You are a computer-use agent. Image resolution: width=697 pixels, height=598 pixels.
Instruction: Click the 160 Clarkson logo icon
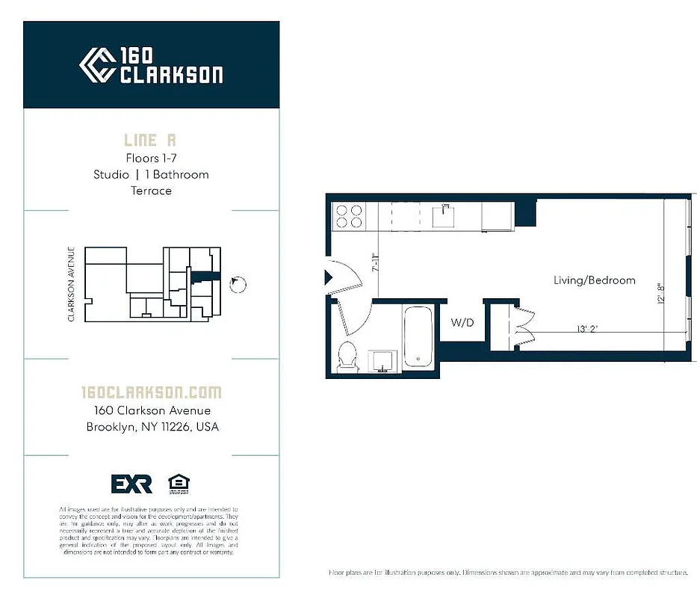(x=96, y=65)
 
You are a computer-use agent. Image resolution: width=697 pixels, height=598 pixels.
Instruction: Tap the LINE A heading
(x=151, y=140)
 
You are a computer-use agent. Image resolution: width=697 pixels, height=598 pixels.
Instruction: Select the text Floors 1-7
(x=151, y=158)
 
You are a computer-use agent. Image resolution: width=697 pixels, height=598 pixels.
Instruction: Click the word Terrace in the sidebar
(x=151, y=191)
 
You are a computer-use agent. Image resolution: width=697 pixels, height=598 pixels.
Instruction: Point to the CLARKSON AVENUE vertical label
(x=72, y=284)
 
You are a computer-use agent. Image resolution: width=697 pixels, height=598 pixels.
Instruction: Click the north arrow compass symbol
(x=238, y=283)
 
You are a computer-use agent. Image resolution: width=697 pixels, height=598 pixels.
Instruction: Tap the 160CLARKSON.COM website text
(x=151, y=392)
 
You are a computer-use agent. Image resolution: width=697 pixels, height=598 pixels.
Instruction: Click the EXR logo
(x=131, y=484)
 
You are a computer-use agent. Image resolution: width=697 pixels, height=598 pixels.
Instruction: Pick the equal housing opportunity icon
(x=178, y=483)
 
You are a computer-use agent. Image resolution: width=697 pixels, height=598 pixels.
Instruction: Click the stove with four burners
(x=348, y=216)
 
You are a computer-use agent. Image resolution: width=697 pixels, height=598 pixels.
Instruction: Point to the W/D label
(x=461, y=323)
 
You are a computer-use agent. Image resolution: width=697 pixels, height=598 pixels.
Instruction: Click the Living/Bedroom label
(x=594, y=280)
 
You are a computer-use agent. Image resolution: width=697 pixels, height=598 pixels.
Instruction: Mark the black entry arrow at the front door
(x=327, y=277)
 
